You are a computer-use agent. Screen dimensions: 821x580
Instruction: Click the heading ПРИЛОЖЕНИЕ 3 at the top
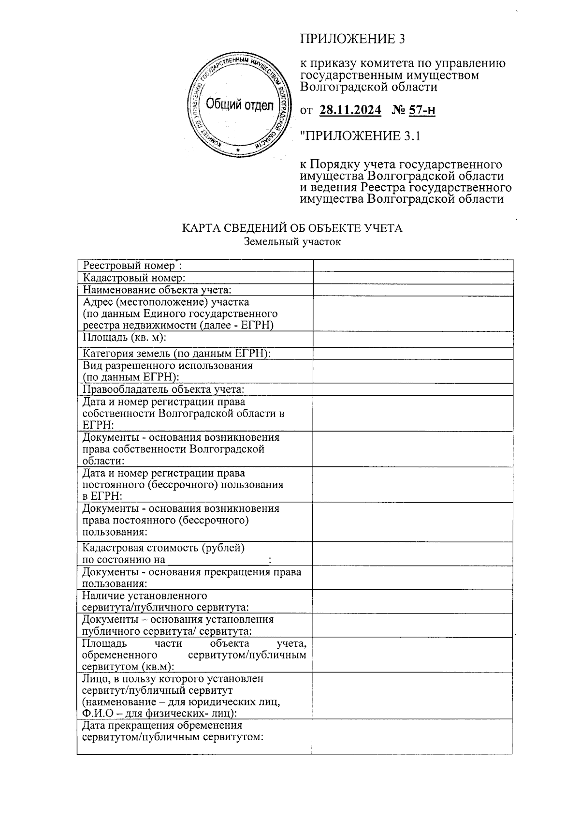coord(352,39)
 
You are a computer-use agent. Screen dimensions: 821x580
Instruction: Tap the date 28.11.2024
coord(350,111)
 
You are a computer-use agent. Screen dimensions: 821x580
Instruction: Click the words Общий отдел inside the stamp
coord(239,104)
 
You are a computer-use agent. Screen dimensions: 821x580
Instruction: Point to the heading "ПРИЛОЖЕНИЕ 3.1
coord(361,136)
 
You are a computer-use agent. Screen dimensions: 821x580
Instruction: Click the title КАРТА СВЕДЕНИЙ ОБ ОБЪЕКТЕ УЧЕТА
coord(292,228)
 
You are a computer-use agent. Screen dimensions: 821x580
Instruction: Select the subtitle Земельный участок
coord(292,241)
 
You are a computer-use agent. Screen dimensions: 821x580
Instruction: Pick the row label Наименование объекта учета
coord(157,290)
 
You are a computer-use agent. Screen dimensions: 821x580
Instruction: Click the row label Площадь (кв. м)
coord(125,337)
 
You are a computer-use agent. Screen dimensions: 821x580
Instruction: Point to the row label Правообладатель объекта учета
coord(163,389)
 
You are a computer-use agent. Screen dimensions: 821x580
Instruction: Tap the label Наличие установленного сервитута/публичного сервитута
coord(166,601)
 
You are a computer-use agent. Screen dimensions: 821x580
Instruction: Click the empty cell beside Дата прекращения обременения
coord(412,736)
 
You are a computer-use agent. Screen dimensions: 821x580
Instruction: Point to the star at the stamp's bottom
coord(236,150)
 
